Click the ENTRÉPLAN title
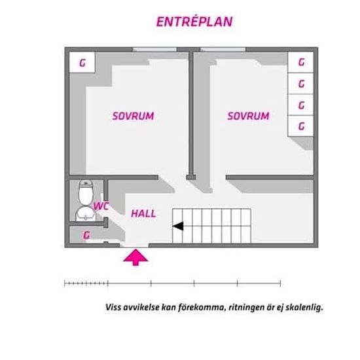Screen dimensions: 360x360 point(194,22)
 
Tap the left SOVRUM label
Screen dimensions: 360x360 point(133,116)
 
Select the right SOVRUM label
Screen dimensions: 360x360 point(249,116)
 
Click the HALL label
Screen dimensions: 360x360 point(143,214)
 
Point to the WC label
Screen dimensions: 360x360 point(101,206)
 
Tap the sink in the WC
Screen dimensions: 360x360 point(86,213)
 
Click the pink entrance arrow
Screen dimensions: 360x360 point(135,257)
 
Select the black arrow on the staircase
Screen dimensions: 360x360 point(178,226)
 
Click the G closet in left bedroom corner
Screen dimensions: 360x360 point(82,62)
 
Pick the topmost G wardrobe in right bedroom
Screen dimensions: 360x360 point(301,62)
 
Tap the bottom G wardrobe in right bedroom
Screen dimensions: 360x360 point(301,126)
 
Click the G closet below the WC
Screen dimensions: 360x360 point(86,235)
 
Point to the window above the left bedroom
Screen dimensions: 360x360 point(154,49)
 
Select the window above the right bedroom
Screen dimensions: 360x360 point(223,49)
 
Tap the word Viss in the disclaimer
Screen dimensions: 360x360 point(113,307)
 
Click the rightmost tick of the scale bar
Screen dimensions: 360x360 point(280,283)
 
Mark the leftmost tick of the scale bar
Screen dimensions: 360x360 point(65,283)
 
